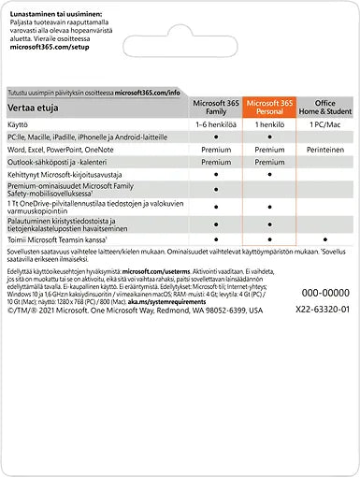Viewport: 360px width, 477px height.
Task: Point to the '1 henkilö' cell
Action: tap(269, 124)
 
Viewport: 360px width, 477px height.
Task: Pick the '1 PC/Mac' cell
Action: tap(324, 124)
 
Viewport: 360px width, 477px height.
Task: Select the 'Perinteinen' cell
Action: tap(324, 149)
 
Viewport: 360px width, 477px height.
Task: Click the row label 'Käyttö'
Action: tap(20, 124)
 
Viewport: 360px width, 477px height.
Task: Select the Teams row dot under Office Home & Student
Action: tap(324, 240)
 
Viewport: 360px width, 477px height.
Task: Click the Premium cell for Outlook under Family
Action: tap(216, 161)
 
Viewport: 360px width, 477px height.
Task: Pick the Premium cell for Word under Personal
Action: tap(269, 149)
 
